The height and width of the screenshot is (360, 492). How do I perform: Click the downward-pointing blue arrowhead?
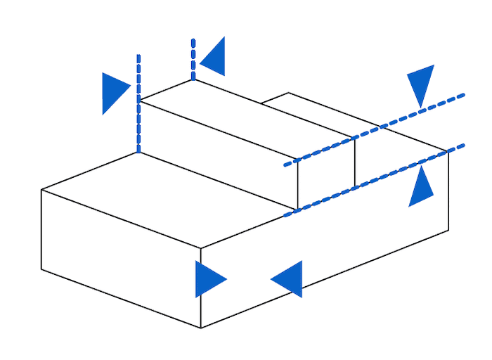coord(420,83)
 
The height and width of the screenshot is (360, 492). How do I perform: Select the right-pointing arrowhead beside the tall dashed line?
coord(115,92)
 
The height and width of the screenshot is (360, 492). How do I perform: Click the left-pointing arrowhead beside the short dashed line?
coord(214,57)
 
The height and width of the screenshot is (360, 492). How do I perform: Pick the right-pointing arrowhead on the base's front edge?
coord(209,279)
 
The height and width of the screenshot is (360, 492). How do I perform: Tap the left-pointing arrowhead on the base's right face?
coord(288,279)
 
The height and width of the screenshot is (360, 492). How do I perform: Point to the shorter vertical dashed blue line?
coord(193,60)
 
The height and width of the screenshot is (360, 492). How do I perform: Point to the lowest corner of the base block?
coord(201,328)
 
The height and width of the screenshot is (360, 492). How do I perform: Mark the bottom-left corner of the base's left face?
coord(41,269)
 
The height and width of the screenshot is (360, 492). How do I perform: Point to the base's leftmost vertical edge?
coord(41,229)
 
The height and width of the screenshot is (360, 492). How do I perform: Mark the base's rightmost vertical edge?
coord(448,190)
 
